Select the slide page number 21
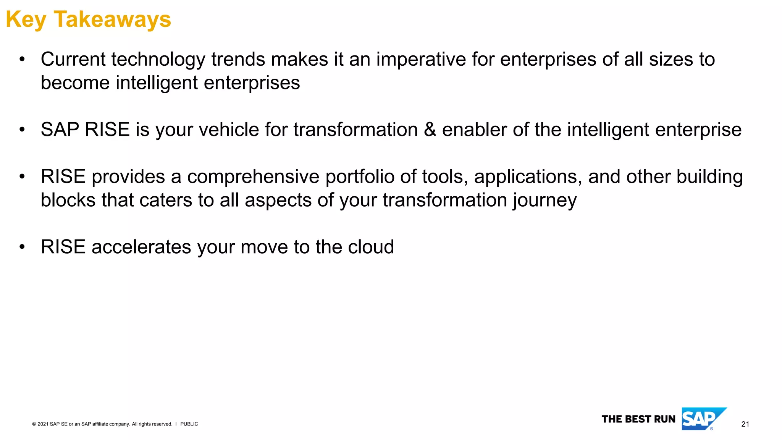(745, 424)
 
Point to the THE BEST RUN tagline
(638, 419)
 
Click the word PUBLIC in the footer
(189, 424)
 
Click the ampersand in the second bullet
(430, 129)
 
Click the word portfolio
(360, 177)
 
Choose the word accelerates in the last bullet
(141, 247)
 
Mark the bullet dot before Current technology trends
(22, 60)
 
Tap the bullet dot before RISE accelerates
(22, 247)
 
